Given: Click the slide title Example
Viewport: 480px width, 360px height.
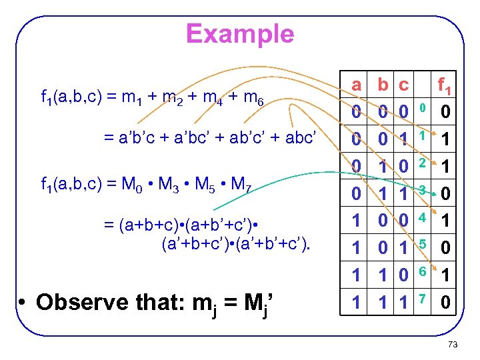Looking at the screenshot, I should coord(240,33).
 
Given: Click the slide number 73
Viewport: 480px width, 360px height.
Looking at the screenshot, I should coord(453,345).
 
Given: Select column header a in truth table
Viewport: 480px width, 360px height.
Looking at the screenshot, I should coord(357,85).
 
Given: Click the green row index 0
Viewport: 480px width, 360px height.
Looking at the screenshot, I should coord(421,106).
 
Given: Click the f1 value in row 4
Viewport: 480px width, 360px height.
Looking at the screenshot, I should coord(445,220).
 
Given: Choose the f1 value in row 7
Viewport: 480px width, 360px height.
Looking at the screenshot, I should coord(445,303).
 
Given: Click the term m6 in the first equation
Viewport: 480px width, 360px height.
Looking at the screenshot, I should coord(253,101).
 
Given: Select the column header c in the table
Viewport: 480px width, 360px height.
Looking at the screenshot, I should coord(403,85).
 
